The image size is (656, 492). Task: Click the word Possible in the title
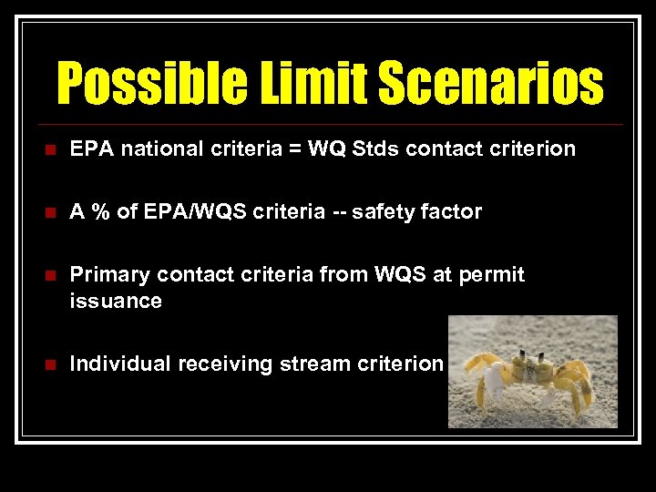tap(144, 84)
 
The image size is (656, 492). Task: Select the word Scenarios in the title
tap(491, 84)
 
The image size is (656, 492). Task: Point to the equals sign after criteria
tap(295, 149)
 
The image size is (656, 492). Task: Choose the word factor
tap(450, 212)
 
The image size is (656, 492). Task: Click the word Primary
tap(107, 275)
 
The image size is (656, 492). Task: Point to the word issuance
tap(116, 301)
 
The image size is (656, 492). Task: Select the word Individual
tap(120, 364)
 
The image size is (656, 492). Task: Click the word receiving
tap(225, 365)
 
